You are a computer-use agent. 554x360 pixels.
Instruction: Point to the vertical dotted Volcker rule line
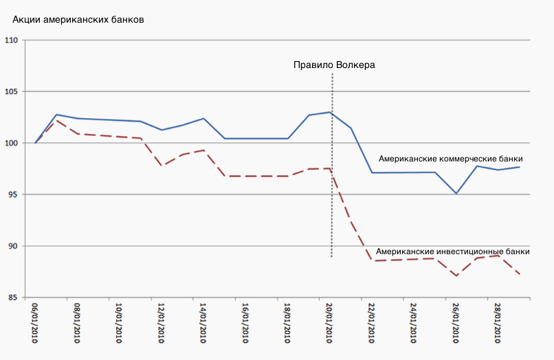point(332,206)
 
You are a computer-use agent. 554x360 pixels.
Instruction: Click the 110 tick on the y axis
point(12,41)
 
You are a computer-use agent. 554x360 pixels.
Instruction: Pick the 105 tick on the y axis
point(12,92)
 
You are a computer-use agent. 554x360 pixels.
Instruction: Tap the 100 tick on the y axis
point(12,144)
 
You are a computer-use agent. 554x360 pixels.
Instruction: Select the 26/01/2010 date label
point(456,323)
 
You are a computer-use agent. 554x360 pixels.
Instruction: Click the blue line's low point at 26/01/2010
point(456,194)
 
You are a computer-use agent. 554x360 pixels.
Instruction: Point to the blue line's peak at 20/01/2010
point(331,112)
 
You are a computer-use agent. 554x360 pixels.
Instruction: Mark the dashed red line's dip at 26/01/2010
point(456,276)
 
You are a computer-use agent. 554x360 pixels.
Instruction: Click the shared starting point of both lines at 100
point(35,143)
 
